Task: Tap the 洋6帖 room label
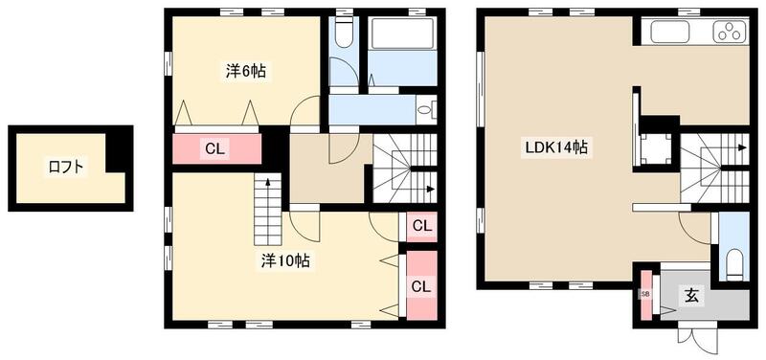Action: [x=246, y=71]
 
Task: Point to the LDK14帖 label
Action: [x=554, y=148]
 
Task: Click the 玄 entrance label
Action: [x=691, y=296]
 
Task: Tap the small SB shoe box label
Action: [x=645, y=294]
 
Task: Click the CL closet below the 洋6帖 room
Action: [x=215, y=148]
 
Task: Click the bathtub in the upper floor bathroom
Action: [x=402, y=36]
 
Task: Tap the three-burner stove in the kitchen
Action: [x=730, y=33]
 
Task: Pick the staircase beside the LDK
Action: [x=713, y=168]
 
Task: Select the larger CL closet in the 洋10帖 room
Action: [x=420, y=285]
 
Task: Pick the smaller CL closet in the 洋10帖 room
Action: [x=420, y=227]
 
